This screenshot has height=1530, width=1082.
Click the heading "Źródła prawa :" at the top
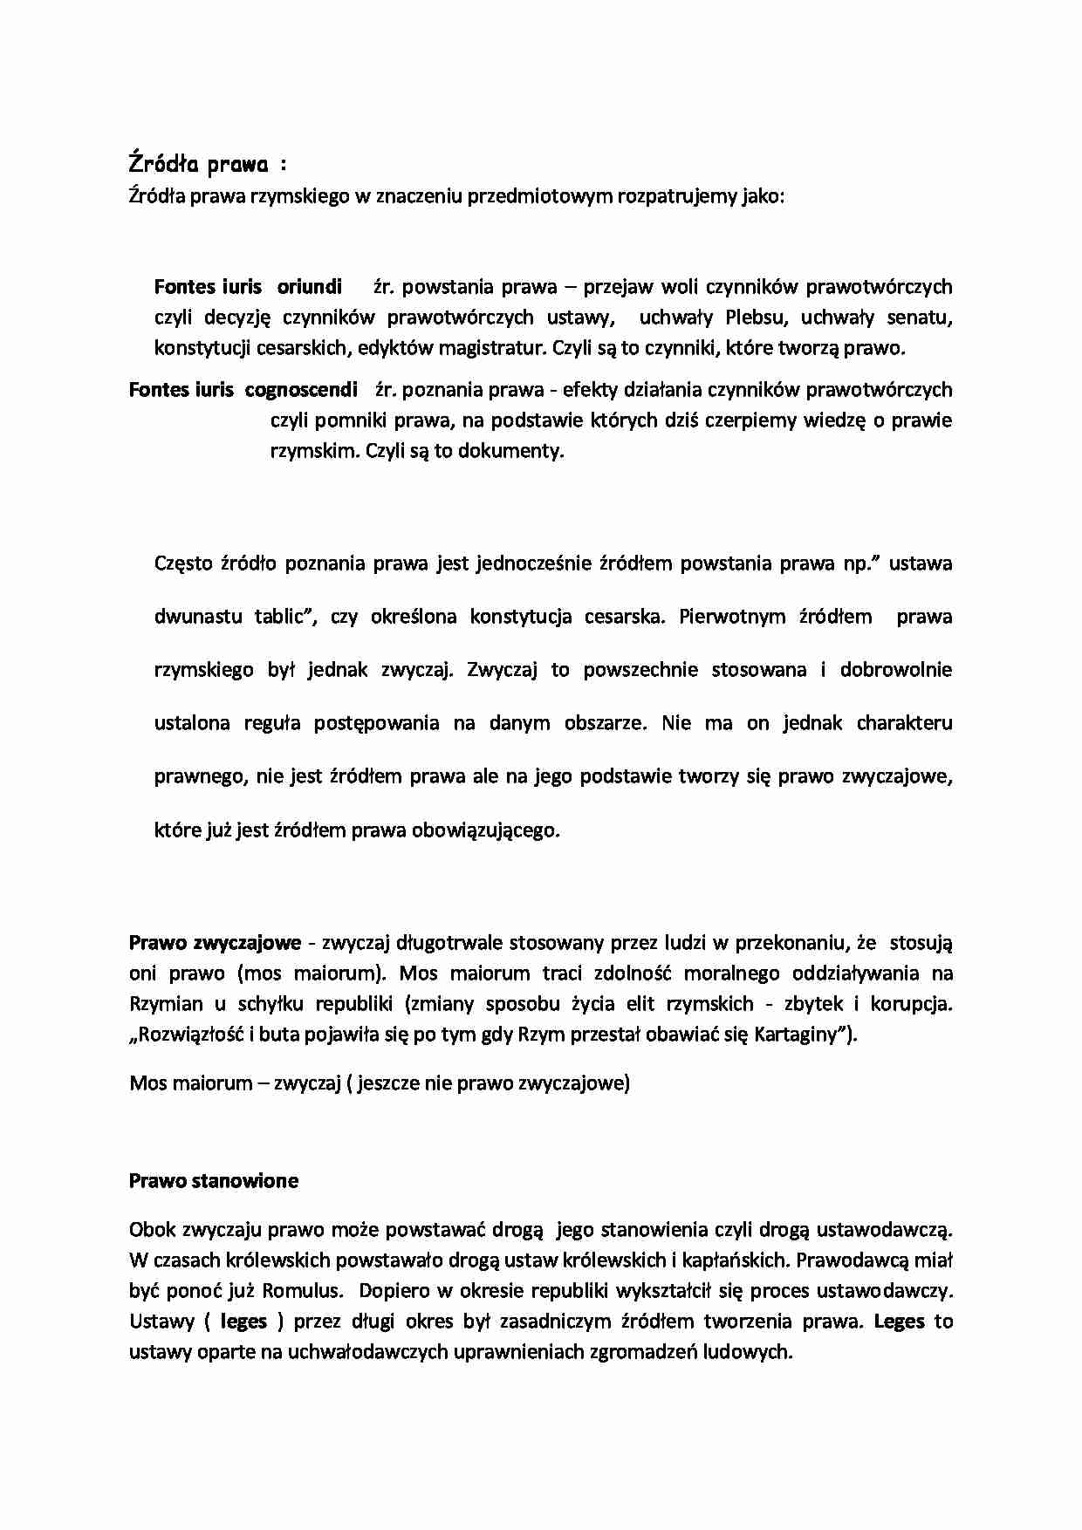[x=208, y=164]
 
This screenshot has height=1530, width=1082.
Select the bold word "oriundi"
[x=310, y=287]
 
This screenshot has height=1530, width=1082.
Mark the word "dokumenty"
[x=517, y=451]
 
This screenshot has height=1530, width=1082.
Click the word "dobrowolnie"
[x=896, y=670]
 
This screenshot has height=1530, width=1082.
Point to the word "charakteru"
[x=905, y=723]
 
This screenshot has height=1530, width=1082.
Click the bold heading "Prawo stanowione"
[x=214, y=1181]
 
